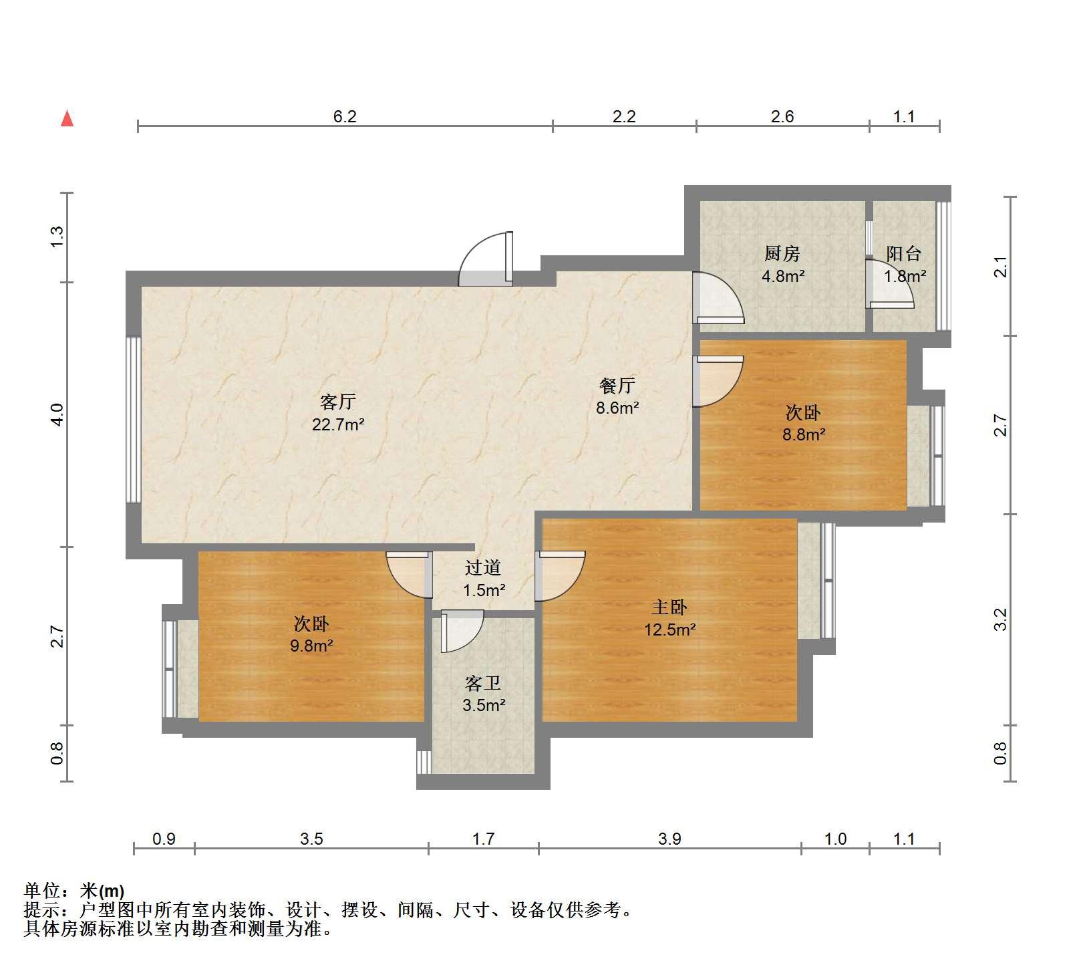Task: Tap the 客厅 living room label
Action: coord(337,402)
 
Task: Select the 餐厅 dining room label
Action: coord(617,386)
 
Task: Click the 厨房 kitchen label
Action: coord(782,254)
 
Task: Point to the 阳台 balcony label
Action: coord(904,254)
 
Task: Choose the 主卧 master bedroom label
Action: coord(669,607)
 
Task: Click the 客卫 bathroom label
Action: coord(483,683)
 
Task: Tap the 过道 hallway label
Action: coord(483,568)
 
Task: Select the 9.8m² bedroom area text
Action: coord(311,646)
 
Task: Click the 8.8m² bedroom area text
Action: coord(804,434)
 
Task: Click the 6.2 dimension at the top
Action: coord(345,116)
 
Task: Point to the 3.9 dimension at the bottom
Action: coord(669,839)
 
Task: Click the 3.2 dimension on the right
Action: coord(1000,619)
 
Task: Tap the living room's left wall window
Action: coord(134,420)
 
